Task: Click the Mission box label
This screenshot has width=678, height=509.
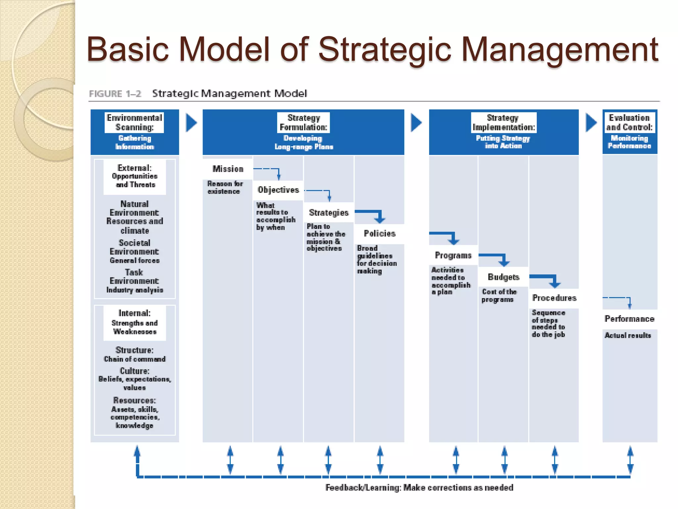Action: tap(228, 169)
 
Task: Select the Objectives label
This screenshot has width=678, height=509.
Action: tap(278, 190)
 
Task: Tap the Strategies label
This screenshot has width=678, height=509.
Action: tap(329, 212)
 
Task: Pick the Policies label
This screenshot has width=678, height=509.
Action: tap(380, 234)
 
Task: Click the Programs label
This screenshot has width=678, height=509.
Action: tap(453, 255)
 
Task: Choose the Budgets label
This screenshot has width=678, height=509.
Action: tap(504, 277)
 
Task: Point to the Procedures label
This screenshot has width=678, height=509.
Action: tap(554, 298)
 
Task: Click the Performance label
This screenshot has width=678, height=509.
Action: tap(629, 319)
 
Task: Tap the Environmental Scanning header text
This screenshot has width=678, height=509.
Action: tap(134, 123)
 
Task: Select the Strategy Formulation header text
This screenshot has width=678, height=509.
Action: tap(304, 123)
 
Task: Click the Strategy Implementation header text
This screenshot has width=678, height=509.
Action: tap(504, 123)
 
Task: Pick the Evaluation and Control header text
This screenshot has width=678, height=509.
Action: tap(629, 123)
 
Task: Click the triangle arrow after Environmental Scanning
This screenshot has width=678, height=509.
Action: tap(191, 123)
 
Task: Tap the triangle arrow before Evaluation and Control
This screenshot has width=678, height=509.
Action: tap(591, 123)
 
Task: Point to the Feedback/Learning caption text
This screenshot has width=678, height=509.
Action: tap(419, 487)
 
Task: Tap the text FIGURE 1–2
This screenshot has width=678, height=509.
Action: tap(115, 94)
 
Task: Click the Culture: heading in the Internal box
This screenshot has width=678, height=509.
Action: tap(134, 371)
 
